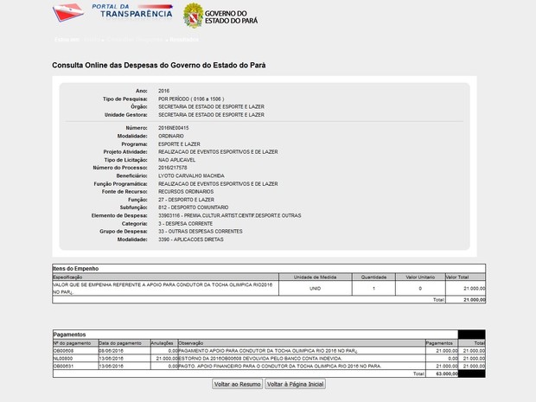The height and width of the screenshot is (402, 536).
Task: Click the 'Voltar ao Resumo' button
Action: coord(237,384)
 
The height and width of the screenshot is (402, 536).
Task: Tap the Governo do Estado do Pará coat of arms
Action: coord(192,15)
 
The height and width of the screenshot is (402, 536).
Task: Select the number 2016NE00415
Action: coord(174,128)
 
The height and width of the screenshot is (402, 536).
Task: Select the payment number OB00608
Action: coord(64,350)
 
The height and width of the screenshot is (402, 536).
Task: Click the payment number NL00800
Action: coord(63,358)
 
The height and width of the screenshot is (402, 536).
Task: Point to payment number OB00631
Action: coord(64,366)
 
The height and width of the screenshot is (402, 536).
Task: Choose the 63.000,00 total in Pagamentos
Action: coord(444,373)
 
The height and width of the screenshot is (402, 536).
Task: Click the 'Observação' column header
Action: coord(191,342)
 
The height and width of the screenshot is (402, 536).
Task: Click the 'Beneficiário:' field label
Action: coord(133,175)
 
